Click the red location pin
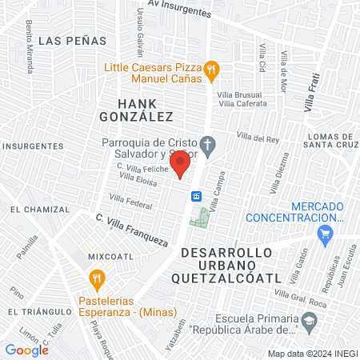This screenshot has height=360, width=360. pyautogui.click(x=181, y=164)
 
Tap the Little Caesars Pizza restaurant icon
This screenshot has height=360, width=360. pyautogui.click(x=210, y=70)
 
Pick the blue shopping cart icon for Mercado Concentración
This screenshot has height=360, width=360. pyautogui.click(x=324, y=234)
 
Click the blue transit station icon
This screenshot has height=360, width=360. pyautogui.click(x=194, y=196)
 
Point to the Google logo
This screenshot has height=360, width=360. pyautogui.click(x=26, y=350)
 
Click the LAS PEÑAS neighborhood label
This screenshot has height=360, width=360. pyautogui.click(x=66, y=39)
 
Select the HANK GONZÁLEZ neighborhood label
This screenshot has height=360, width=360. pyautogui.click(x=145, y=110)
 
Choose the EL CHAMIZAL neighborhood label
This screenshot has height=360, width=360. pyautogui.click(x=39, y=209)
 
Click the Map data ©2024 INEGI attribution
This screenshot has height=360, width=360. pyautogui.click(x=312, y=354)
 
